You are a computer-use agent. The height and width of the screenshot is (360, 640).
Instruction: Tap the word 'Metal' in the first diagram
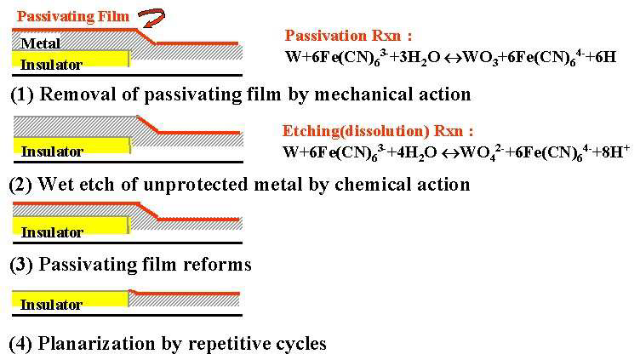[x=41, y=43]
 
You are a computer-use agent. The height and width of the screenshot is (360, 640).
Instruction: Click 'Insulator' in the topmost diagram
[x=51, y=65]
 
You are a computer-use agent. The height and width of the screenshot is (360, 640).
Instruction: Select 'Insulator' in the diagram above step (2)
[x=52, y=151]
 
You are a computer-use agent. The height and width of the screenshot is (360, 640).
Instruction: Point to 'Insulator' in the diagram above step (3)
[x=52, y=231]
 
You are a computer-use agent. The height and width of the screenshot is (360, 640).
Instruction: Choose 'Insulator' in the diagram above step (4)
[x=51, y=304]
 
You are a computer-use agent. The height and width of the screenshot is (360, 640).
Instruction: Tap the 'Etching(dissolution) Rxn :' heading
[x=377, y=132]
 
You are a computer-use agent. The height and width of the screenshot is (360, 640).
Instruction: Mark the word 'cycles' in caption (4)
[x=300, y=344]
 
